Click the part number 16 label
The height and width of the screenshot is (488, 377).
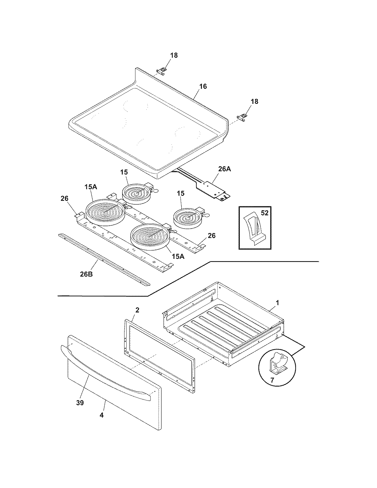(203, 86)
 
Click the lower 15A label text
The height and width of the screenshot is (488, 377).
(178, 256)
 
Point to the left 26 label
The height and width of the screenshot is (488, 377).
(64, 199)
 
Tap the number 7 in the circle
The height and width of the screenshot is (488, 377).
(272, 380)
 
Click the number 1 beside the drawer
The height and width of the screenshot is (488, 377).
(277, 303)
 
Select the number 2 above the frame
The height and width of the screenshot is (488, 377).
(137, 310)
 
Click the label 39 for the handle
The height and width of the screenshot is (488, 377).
(80, 403)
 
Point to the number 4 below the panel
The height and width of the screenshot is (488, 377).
(101, 415)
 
